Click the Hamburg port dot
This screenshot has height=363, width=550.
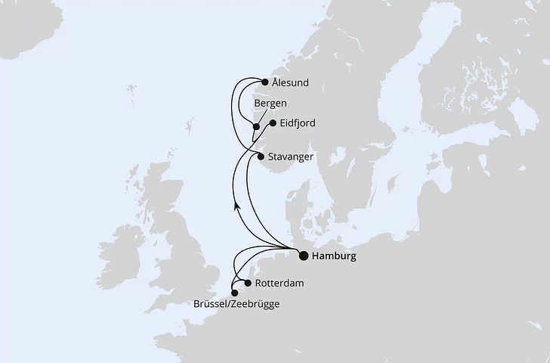pyautogui.click(x=304, y=256)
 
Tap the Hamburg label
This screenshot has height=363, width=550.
pyautogui.click(x=334, y=256)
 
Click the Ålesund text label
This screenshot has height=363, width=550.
pyautogui.click(x=292, y=83)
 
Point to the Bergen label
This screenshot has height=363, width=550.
pyautogui.click(x=270, y=103)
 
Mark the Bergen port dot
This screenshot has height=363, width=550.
pyautogui.click(x=257, y=126)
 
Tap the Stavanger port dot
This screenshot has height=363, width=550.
pyautogui.click(x=261, y=157)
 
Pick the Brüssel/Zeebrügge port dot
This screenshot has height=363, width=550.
pyautogui.click(x=235, y=293)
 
